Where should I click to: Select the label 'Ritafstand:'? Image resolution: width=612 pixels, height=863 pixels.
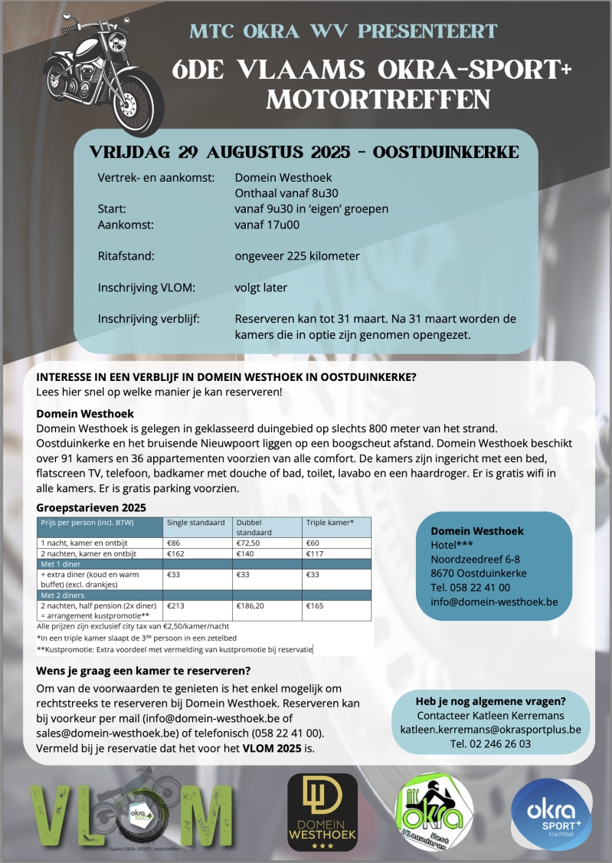coord(127,256)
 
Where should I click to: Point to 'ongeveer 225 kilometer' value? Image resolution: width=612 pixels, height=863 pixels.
coord(297,256)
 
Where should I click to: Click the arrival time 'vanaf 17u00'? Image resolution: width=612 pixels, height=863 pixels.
coord(267,225)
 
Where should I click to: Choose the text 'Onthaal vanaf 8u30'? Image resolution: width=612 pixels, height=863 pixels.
coord(286,193)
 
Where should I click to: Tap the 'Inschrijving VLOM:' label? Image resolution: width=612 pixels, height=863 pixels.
coord(147,287)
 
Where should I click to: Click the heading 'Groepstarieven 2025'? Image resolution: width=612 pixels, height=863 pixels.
coord(91,507)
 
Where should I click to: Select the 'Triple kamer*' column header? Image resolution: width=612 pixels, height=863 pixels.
coord(330,523)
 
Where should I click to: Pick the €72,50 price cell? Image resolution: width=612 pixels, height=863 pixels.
coord(250,543)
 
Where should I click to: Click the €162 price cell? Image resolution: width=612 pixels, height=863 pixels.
coord(178,553)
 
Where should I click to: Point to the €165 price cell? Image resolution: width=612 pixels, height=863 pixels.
coord(315,605)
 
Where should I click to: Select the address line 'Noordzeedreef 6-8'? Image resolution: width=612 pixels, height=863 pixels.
coord(476,559)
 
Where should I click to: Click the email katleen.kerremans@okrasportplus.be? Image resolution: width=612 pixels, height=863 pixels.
coord(490,730)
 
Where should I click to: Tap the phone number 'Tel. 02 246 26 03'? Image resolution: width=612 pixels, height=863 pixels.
coord(490,743)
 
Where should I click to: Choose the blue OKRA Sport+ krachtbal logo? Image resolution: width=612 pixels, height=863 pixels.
coord(551,815)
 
